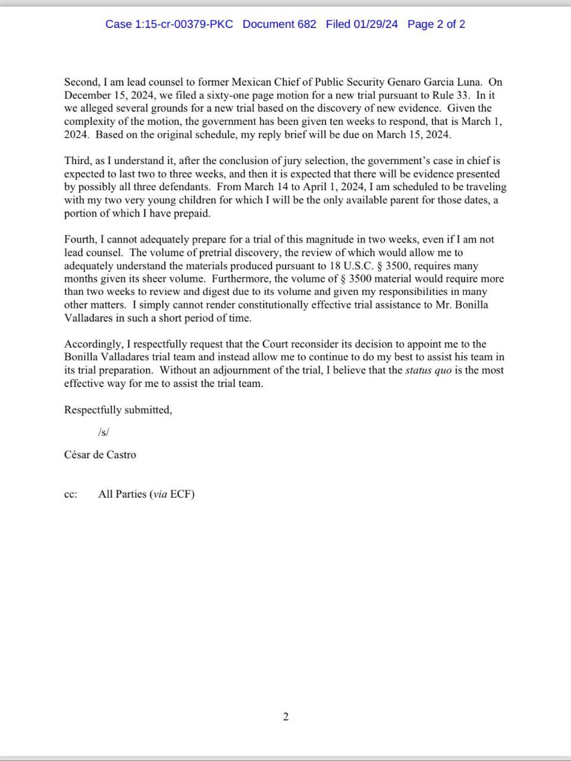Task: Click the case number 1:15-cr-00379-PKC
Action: pyautogui.click(x=169, y=24)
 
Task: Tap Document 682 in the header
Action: pyautogui.click(x=280, y=24)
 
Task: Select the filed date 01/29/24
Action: pyautogui.click(x=362, y=24)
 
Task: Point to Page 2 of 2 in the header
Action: pyautogui.click(x=436, y=24)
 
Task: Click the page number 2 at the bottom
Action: pyautogui.click(x=285, y=716)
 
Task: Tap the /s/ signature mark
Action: pyautogui.click(x=103, y=432)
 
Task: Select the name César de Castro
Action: pyautogui.click(x=100, y=455)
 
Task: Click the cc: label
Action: pyautogui.click(x=71, y=494)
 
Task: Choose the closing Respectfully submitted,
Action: pyautogui.click(x=118, y=410)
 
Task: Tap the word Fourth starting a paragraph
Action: pyautogui.click(x=80, y=240)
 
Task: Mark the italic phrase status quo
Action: pyautogui.click(x=428, y=370)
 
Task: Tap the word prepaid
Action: pyautogui.click(x=190, y=213)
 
